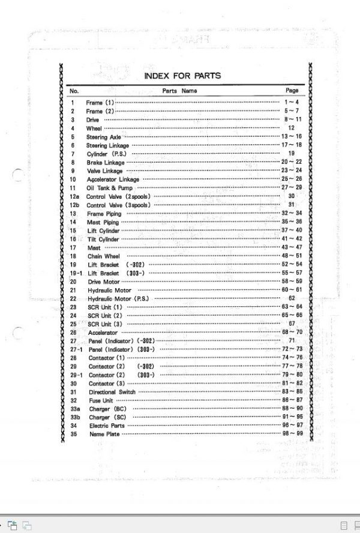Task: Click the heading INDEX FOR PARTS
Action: coord(182,76)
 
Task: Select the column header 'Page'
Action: coord(292,91)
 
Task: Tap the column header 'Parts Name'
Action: coord(179,91)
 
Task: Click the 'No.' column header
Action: coord(74,91)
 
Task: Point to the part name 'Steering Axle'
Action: coord(103,137)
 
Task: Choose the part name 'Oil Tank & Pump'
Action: coord(107,188)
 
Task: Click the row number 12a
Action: coord(74,196)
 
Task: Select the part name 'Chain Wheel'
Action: coord(103,256)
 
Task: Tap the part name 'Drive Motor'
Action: coord(104,282)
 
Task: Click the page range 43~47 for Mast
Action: coord(292,247)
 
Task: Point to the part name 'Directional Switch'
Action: coord(112,392)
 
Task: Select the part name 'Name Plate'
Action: coord(104,434)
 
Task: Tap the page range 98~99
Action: coord(292,434)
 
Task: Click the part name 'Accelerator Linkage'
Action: coord(113,179)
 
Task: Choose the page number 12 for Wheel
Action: coord(292,128)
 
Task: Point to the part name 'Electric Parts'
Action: coord(107,426)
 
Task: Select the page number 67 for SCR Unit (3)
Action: coord(292,324)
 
